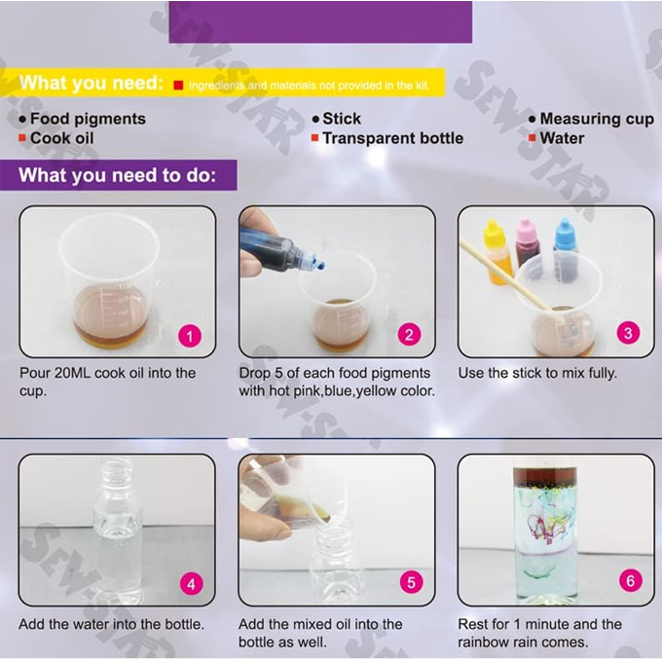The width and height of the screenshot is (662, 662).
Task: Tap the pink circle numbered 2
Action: pyautogui.click(x=410, y=336)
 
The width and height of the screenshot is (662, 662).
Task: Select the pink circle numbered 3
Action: pyautogui.click(x=629, y=333)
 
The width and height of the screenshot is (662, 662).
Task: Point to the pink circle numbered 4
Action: pyautogui.click(x=191, y=584)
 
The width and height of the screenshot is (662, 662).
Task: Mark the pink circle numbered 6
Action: pyautogui.click(x=629, y=582)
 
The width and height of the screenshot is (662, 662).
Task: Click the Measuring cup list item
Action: pyautogui.click(x=597, y=119)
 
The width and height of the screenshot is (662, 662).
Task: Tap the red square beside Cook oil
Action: pyautogui.click(x=22, y=138)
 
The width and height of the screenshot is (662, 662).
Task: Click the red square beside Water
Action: pyautogui.click(x=533, y=138)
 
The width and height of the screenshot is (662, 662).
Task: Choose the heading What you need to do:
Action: pyautogui.click(x=126, y=176)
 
